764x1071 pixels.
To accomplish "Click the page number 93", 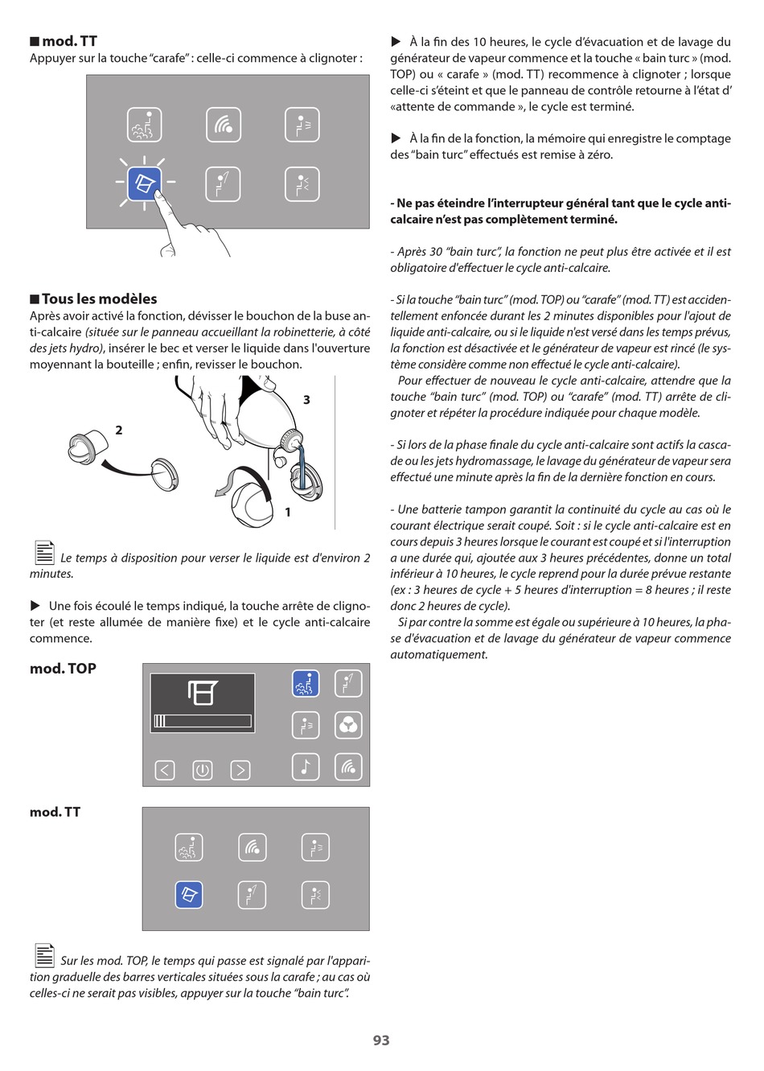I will tap(381, 1040).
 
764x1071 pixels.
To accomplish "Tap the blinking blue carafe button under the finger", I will tap(145, 183).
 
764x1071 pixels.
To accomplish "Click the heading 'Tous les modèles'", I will tap(99, 299).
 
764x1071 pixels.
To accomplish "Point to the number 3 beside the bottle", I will tap(306, 400).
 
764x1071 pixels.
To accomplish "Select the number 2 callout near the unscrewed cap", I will tap(119, 430).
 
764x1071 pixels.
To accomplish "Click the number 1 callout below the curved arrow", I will tap(287, 512).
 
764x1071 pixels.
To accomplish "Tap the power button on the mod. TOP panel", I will tap(202, 770).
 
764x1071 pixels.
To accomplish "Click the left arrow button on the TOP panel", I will tap(164, 770).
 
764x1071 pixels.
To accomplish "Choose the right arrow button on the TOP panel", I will tap(240, 770).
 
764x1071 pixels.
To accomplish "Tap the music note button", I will tap(306, 767).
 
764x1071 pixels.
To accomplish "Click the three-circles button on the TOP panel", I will tap(348, 725).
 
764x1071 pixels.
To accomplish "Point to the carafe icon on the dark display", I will tap(202, 692).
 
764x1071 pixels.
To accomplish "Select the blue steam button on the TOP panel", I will tap(306, 683).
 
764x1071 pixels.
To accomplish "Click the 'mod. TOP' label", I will tap(63, 669).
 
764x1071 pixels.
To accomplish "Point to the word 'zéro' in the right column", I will tap(596, 154).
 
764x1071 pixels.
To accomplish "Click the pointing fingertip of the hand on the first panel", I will tap(160, 196).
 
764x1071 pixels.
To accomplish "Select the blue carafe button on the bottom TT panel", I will tap(189, 895).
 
